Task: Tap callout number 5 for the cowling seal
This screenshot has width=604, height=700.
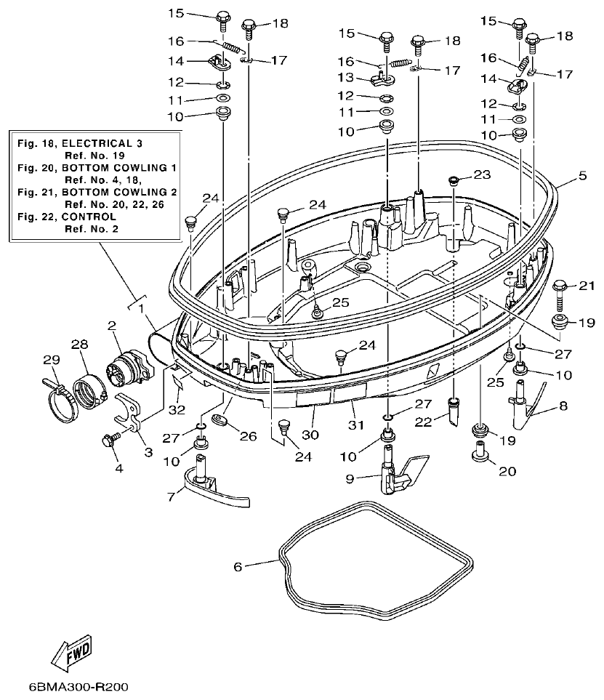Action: (582, 175)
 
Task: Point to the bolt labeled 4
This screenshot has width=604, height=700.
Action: (111, 440)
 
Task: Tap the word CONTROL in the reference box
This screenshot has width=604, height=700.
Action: (91, 217)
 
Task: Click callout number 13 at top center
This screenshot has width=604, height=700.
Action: (345, 77)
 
